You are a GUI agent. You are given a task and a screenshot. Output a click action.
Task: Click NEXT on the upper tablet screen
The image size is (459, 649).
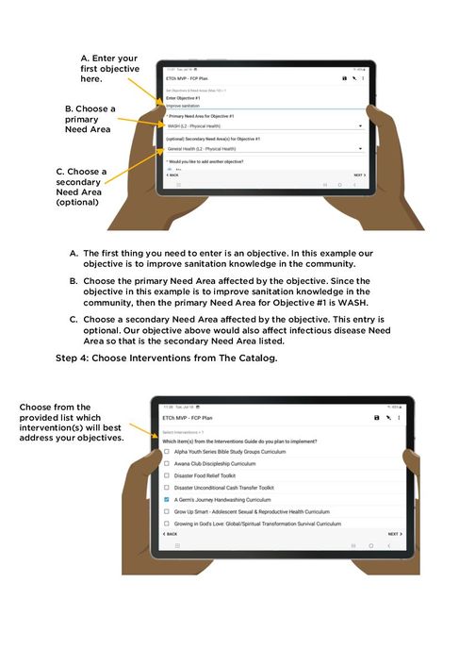pos(358,175)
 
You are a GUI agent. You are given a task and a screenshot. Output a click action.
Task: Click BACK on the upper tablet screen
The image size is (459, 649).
pos(172,175)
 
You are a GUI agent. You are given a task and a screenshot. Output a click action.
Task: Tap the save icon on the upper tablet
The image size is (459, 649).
pos(344,78)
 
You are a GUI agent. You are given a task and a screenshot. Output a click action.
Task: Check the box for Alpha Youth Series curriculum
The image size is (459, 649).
pos(167,452)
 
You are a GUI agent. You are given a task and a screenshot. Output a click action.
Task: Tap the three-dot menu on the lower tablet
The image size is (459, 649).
pos(399,417)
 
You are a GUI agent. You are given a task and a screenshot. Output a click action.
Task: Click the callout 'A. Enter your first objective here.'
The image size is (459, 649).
pos(109,70)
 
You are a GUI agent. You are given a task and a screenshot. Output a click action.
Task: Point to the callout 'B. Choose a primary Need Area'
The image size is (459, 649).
pos(90,119)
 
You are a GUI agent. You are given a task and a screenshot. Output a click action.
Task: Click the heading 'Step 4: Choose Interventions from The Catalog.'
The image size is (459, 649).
pos(166,358)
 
